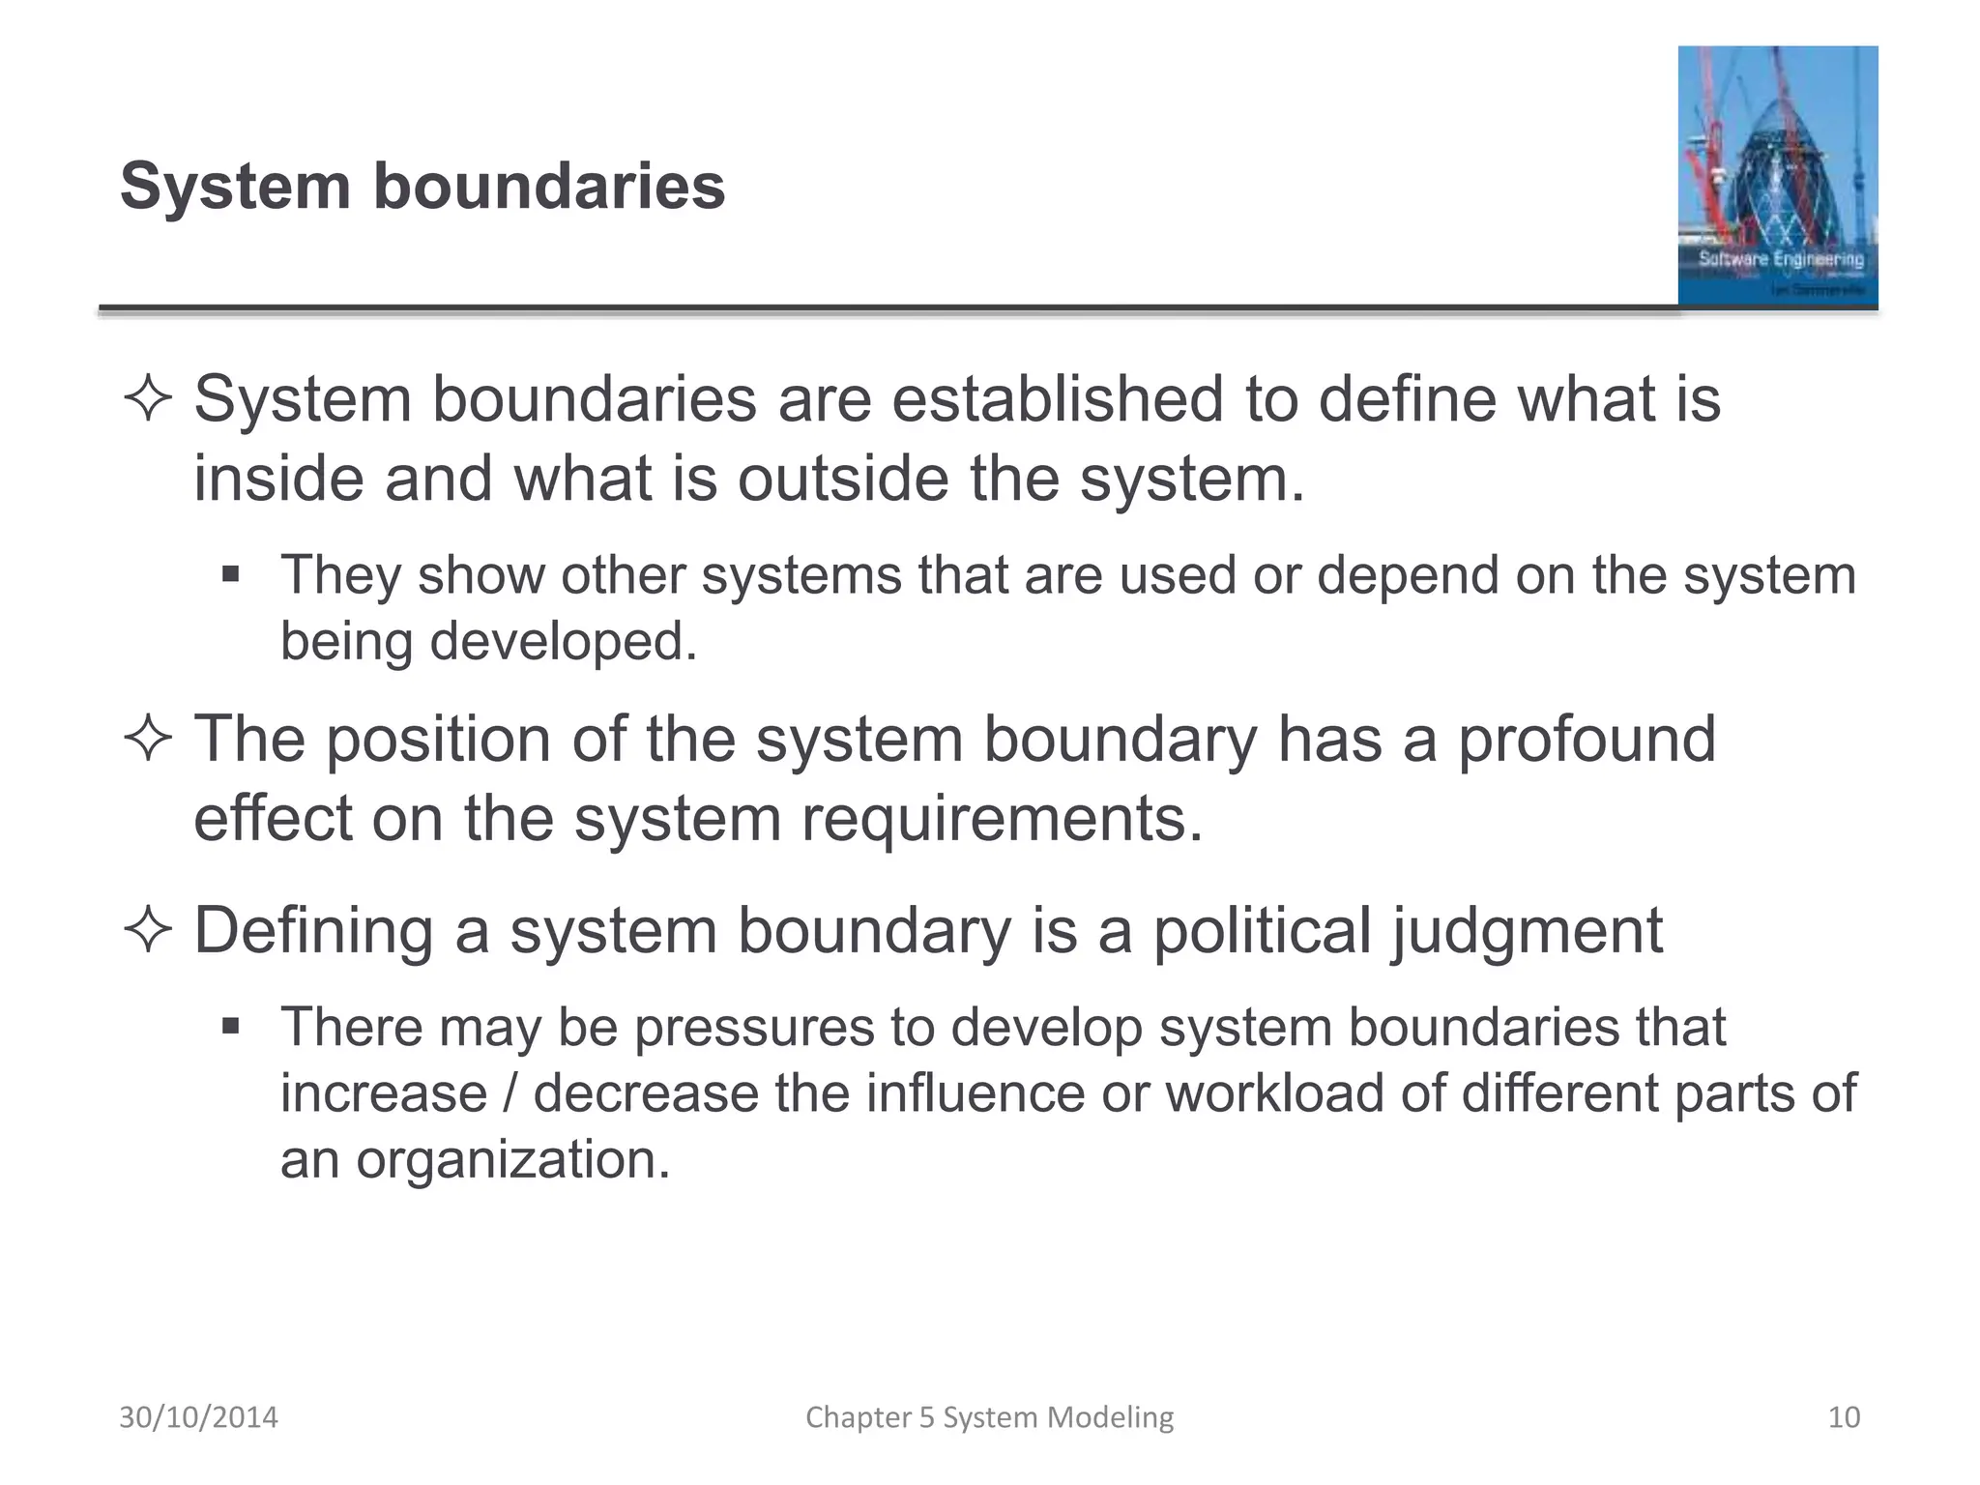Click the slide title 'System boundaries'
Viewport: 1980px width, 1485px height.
(x=422, y=186)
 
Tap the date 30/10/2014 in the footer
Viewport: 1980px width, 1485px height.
(x=198, y=1417)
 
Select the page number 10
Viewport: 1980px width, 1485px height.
(x=1844, y=1417)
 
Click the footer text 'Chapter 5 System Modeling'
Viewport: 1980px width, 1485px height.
(x=989, y=1417)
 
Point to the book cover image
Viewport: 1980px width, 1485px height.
(x=1777, y=176)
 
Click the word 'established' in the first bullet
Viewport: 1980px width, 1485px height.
(x=1057, y=399)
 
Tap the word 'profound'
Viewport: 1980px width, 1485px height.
(x=1586, y=740)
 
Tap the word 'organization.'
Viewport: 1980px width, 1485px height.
(x=513, y=1160)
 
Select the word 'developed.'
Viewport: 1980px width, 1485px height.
(x=563, y=641)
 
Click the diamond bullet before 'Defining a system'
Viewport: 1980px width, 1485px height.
(x=148, y=931)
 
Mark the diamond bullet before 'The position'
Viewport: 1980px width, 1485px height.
(x=148, y=741)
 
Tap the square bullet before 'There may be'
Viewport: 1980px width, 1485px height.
(x=230, y=1026)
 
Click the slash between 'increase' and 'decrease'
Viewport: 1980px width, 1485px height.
(x=510, y=1093)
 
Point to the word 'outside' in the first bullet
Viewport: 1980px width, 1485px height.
(x=843, y=479)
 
